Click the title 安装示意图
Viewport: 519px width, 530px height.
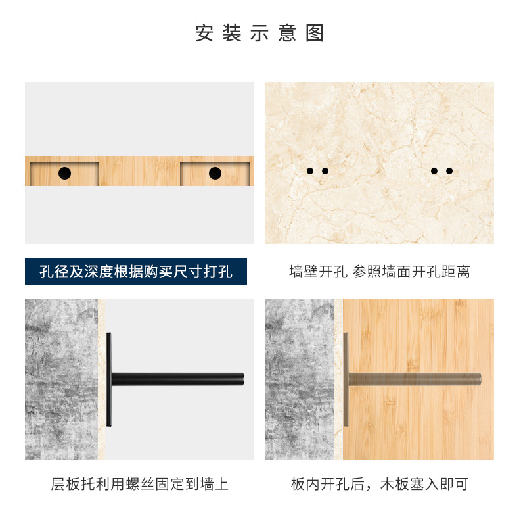pyautogui.click(x=259, y=34)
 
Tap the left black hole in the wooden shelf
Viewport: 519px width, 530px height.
pyautogui.click(x=64, y=173)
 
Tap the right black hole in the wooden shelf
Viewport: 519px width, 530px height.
pyautogui.click(x=215, y=173)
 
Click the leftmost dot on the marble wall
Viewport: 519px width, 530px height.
pyautogui.click(x=310, y=171)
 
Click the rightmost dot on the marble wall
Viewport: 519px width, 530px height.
pyautogui.click(x=449, y=171)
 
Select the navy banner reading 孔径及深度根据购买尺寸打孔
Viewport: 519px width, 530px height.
pyautogui.click(x=136, y=272)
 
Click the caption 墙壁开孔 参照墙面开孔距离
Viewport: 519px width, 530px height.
pyautogui.click(x=379, y=272)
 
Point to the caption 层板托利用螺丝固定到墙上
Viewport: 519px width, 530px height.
pyautogui.click(x=139, y=485)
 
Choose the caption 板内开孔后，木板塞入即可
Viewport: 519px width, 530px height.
pyautogui.click(x=379, y=485)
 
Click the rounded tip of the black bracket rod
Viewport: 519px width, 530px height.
pyautogui.click(x=241, y=379)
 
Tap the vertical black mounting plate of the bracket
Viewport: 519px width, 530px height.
pyautogui.click(x=108, y=379)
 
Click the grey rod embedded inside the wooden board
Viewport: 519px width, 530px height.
pyautogui.click(x=414, y=379)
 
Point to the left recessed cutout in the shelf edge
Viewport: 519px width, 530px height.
pyautogui.click(x=64, y=174)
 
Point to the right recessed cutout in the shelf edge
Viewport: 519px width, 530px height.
pyautogui.click(x=215, y=174)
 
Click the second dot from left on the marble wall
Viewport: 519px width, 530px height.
pyautogui.click(x=325, y=171)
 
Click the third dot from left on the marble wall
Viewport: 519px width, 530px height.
pyautogui.click(x=434, y=171)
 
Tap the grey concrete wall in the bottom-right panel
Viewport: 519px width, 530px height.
pyautogui.click(x=299, y=379)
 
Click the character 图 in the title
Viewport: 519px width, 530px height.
pyautogui.click(x=315, y=34)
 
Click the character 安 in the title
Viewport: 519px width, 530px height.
pyautogui.click(x=204, y=34)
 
